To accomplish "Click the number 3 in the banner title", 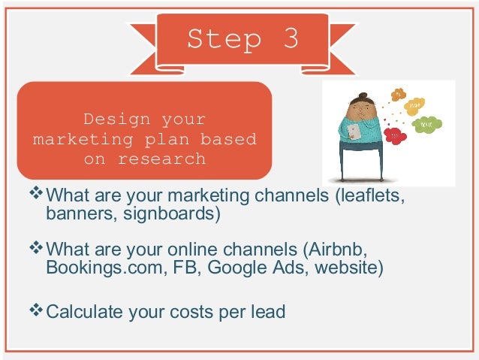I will click(290, 39).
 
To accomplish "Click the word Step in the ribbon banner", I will click(218, 39).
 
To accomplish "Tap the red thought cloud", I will click(393, 136).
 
